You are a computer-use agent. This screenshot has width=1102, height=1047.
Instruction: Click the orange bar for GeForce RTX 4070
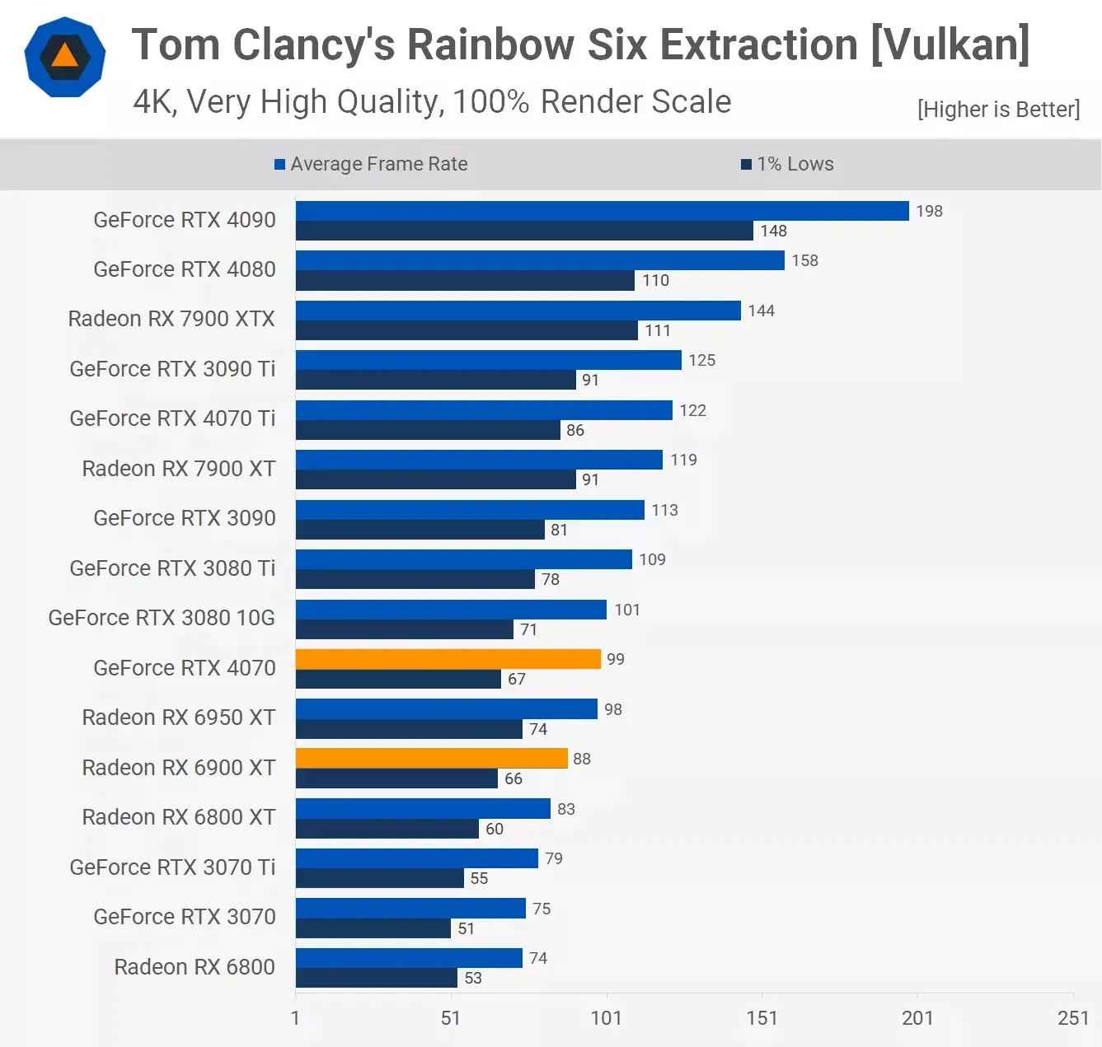pyautogui.click(x=448, y=659)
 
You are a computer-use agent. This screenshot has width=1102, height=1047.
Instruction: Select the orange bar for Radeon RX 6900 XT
pyautogui.click(x=431, y=758)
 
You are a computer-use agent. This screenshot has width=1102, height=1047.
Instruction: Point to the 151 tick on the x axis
pyautogui.click(x=762, y=1018)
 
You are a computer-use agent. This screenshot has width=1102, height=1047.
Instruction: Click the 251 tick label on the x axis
pyautogui.click(x=1072, y=1018)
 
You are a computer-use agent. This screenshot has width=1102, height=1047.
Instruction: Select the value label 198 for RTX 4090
pyautogui.click(x=929, y=211)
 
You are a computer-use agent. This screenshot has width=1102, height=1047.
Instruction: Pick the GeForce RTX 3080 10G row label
pyautogui.click(x=162, y=618)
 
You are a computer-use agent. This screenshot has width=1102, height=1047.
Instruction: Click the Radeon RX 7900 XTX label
pyautogui.click(x=171, y=319)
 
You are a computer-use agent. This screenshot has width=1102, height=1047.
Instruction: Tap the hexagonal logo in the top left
pyautogui.click(x=65, y=57)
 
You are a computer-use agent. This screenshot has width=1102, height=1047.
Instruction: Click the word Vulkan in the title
pyautogui.click(x=950, y=44)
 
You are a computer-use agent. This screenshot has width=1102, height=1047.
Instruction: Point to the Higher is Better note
pyautogui.click(x=998, y=110)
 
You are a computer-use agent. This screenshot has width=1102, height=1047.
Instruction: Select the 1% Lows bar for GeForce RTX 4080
pyautogui.click(x=465, y=281)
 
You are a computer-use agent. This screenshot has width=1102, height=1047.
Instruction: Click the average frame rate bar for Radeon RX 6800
pyautogui.click(x=409, y=958)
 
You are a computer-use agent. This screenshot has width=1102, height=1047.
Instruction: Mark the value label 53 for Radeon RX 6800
pyautogui.click(x=473, y=978)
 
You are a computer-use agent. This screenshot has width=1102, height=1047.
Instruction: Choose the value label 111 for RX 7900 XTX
pyautogui.click(x=658, y=330)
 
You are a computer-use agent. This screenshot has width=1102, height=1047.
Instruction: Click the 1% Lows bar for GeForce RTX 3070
pyautogui.click(x=373, y=928)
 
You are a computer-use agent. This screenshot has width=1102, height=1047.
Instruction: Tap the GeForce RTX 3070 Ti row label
pyautogui.click(x=172, y=867)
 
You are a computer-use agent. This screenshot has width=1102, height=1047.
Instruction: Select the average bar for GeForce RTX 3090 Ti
pyautogui.click(x=488, y=360)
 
